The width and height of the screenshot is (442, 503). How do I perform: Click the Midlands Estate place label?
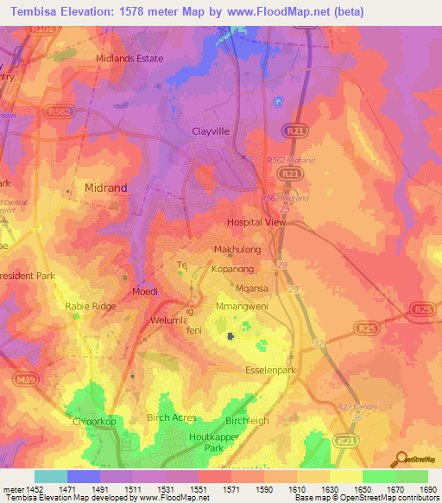129,58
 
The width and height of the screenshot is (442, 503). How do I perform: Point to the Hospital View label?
256,222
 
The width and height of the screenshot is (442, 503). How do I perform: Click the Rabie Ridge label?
90,306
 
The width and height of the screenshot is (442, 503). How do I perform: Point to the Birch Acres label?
174,417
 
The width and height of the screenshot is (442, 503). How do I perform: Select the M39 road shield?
25,379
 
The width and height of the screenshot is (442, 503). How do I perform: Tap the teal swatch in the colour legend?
51,476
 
